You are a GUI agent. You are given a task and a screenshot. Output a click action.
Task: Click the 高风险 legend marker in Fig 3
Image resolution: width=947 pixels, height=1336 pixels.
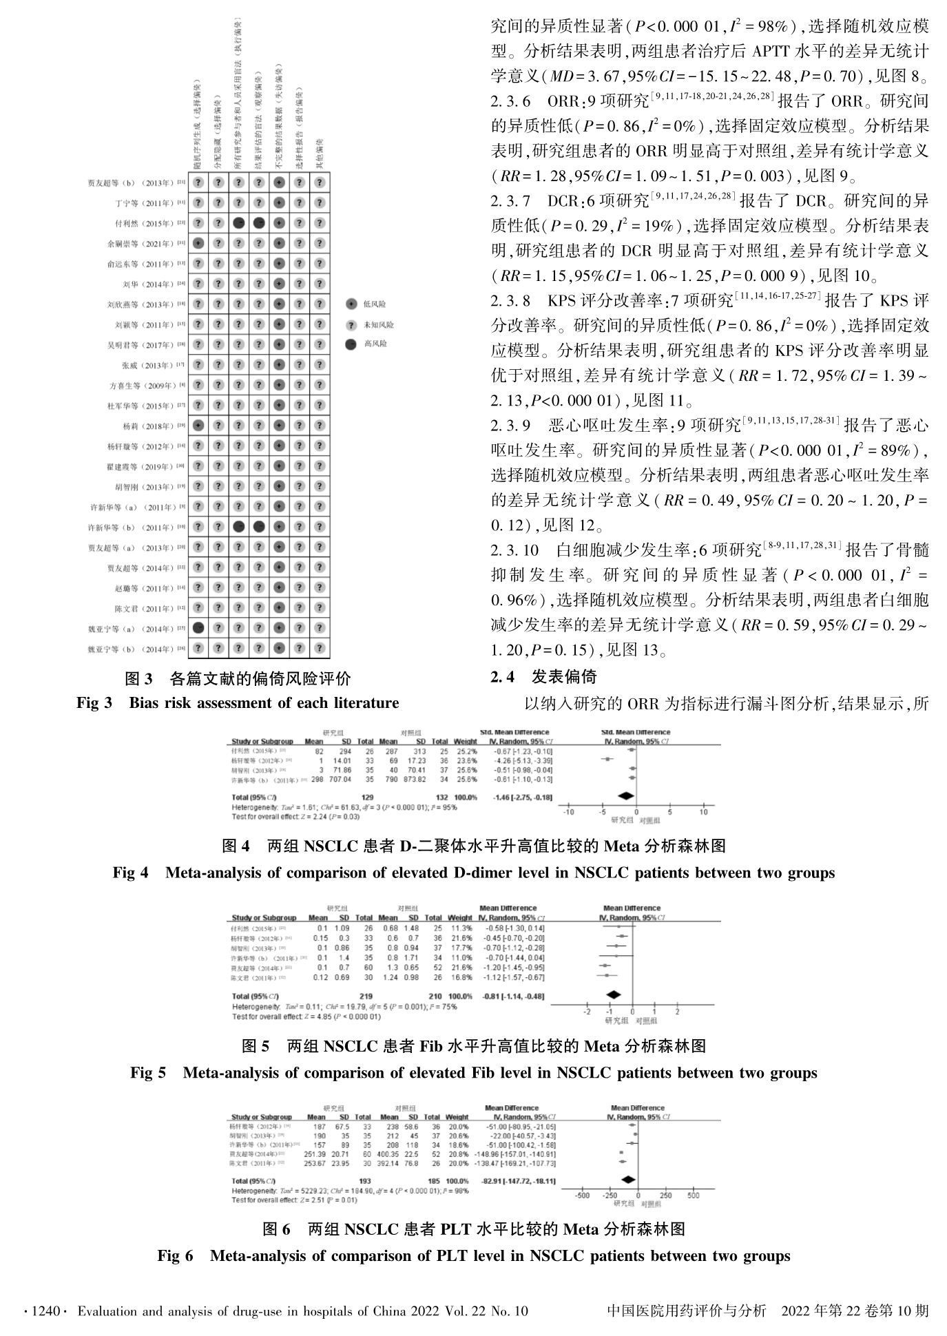(x=351, y=344)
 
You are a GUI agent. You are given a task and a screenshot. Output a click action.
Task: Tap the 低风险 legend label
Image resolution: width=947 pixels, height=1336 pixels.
(x=375, y=304)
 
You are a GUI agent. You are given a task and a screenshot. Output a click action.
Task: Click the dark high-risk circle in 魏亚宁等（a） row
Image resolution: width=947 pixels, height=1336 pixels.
(x=198, y=628)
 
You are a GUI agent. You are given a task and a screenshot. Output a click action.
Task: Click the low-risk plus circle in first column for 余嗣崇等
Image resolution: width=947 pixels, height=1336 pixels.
(x=198, y=243)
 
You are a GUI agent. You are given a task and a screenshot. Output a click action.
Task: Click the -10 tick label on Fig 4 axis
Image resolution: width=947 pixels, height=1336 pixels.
(x=568, y=813)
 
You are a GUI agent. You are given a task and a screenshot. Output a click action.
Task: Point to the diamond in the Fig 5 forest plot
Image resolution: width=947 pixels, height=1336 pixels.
(x=612, y=995)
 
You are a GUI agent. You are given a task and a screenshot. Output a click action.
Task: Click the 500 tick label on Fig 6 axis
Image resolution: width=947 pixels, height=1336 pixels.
(x=693, y=1196)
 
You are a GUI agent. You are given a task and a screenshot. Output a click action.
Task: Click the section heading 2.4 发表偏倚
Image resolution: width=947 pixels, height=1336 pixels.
(x=543, y=677)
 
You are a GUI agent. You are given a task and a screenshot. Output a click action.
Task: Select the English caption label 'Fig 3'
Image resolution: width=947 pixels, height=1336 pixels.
(x=94, y=703)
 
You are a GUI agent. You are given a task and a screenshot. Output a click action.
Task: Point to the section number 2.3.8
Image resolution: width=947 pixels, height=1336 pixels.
(x=510, y=301)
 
